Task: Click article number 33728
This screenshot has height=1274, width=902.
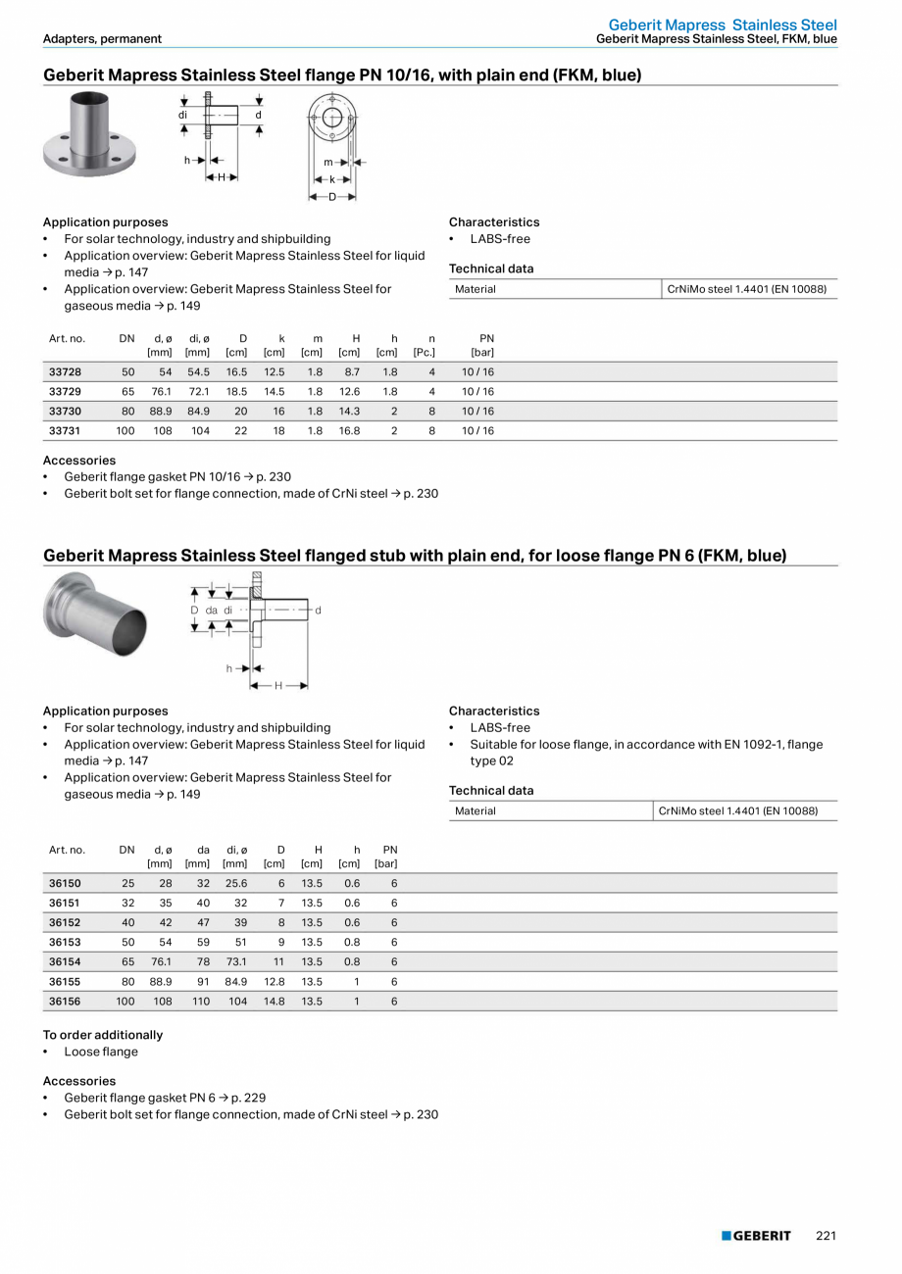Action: click(65, 372)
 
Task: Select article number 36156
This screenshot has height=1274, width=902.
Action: click(65, 1002)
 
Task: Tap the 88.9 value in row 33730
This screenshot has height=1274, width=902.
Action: click(161, 412)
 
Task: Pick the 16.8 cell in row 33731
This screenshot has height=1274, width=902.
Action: click(349, 431)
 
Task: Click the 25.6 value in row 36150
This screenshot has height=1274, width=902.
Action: click(236, 884)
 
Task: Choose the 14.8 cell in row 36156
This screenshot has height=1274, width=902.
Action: click(274, 1002)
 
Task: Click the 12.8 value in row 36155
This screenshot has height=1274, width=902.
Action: click(274, 982)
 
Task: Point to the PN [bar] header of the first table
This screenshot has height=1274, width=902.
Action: click(483, 345)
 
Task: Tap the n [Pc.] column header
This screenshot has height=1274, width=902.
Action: click(425, 345)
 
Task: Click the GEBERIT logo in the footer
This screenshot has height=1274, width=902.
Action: click(756, 1236)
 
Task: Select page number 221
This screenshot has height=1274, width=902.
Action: click(826, 1236)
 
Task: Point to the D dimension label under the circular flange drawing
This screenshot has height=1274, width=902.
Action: click(332, 197)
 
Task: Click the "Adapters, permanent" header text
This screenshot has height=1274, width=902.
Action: click(102, 39)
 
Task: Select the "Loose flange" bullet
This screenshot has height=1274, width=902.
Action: click(101, 1052)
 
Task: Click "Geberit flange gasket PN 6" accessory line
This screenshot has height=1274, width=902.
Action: click(165, 1098)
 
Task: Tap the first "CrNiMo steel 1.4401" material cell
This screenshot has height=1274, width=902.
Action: click(746, 289)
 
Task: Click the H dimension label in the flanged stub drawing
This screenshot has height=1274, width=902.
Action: click(278, 686)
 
